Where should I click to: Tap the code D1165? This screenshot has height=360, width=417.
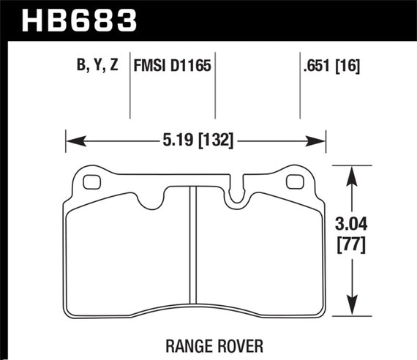pyautogui.click(x=190, y=67)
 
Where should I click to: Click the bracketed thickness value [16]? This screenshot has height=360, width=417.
pyautogui.click(x=347, y=67)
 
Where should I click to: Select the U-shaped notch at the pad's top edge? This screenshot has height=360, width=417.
pyautogui.click(x=238, y=193)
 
